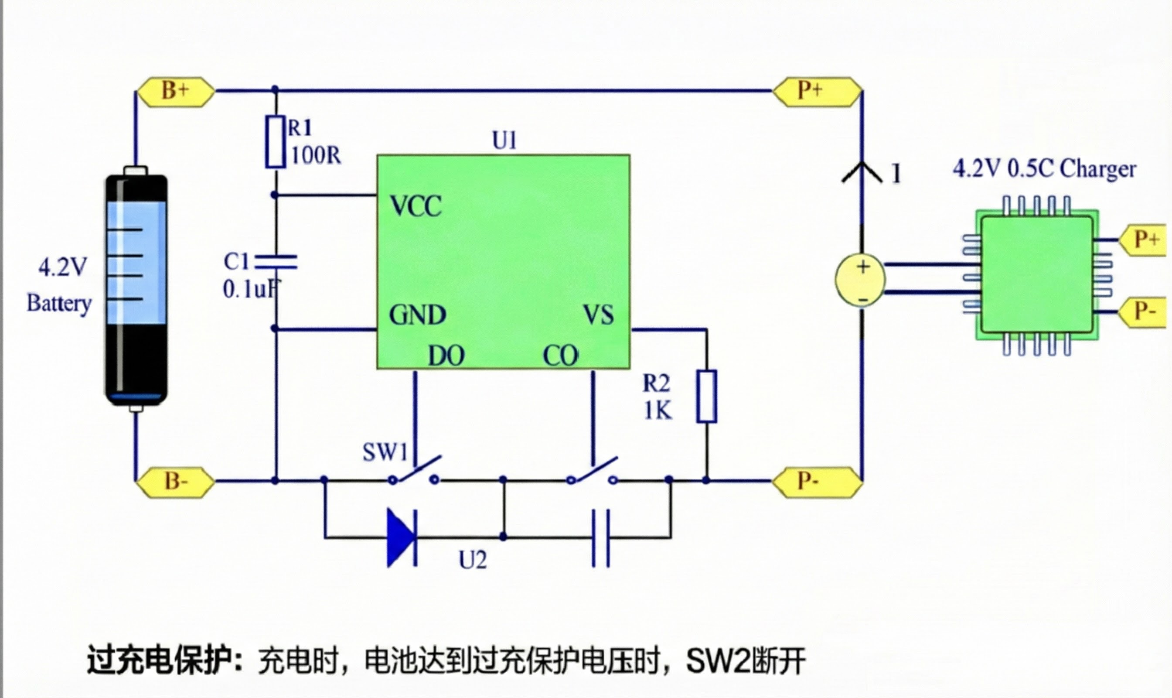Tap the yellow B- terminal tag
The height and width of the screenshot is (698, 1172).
pyautogui.click(x=175, y=482)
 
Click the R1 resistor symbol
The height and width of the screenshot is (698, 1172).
pyautogui.click(x=276, y=142)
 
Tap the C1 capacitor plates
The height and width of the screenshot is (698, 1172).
pyautogui.click(x=276, y=261)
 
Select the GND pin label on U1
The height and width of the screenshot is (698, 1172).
pyautogui.click(x=417, y=315)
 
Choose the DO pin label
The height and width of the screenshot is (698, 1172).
pyautogui.click(x=446, y=356)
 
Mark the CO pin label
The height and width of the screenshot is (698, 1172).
pyautogui.click(x=560, y=356)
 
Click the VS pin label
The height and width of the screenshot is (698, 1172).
pyautogui.click(x=599, y=315)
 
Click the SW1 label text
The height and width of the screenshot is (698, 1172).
pyautogui.click(x=385, y=452)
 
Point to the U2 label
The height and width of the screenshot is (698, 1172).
pyautogui.click(x=473, y=560)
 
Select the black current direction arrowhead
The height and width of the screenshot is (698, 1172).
pyautogui.click(x=862, y=172)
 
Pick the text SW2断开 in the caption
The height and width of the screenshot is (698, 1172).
pyautogui.click(x=746, y=661)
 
